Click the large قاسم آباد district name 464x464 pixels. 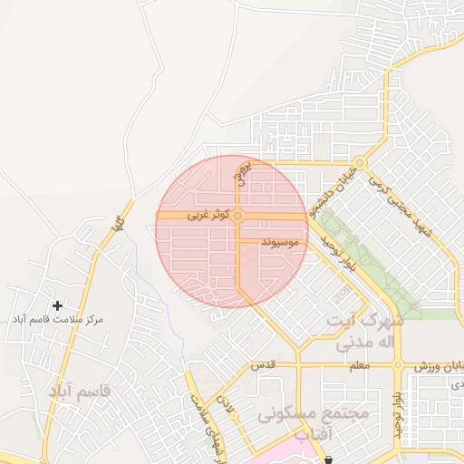click(80, 391)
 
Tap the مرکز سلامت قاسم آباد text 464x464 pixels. click(58, 320)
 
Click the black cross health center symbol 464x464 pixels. click(58, 306)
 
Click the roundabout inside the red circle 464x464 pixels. click(237, 217)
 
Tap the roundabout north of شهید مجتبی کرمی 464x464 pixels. click(360, 163)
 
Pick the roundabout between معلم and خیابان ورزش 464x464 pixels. click(397, 365)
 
